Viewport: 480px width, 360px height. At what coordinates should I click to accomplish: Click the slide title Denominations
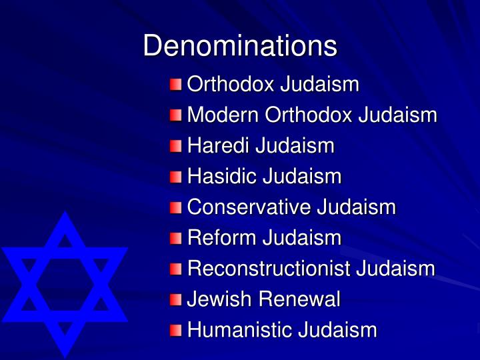pyautogui.click(x=240, y=46)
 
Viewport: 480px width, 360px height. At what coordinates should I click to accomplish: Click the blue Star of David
pyautogui.click(x=65, y=283)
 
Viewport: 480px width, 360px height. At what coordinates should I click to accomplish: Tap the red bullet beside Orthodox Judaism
pyautogui.click(x=175, y=85)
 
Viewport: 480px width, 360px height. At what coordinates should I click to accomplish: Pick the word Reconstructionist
pyautogui.click(x=269, y=269)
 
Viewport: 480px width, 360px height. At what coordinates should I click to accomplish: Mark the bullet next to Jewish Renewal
pyautogui.click(x=175, y=299)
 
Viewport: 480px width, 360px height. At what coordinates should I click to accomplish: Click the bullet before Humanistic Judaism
pyautogui.click(x=175, y=330)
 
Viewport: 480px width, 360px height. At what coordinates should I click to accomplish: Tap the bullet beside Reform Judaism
pyautogui.click(x=175, y=238)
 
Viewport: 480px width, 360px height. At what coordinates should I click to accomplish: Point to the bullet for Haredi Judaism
pyautogui.click(x=175, y=146)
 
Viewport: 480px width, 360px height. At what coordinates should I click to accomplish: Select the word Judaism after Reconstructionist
pyautogui.click(x=395, y=269)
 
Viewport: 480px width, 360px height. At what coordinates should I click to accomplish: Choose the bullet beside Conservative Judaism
pyautogui.click(x=175, y=207)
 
